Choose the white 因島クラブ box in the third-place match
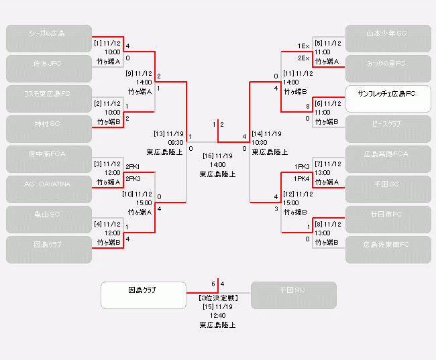coord(143,295)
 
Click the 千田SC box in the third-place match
coord(293,295)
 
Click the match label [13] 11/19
coord(168,133)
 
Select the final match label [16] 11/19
coord(217,156)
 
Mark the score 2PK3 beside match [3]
coord(133,179)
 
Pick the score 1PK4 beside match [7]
coord(302,179)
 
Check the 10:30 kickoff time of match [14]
coord(260,142)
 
